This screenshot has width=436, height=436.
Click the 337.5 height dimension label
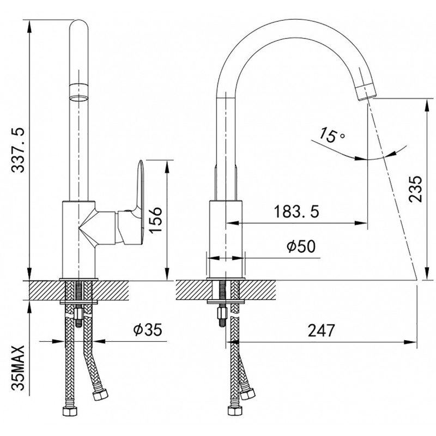pos(19,150)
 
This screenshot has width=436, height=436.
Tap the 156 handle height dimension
pos(155,220)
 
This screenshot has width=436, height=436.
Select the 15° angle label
pos(331,135)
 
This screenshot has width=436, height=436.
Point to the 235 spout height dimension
pos(415,189)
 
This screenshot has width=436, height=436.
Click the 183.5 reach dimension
pos(296,211)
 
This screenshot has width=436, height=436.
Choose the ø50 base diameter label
pos(301,246)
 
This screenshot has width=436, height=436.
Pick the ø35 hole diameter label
pos(147,330)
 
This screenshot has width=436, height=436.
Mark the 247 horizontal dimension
pos(321,330)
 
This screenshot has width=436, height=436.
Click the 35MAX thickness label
pos(19,368)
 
